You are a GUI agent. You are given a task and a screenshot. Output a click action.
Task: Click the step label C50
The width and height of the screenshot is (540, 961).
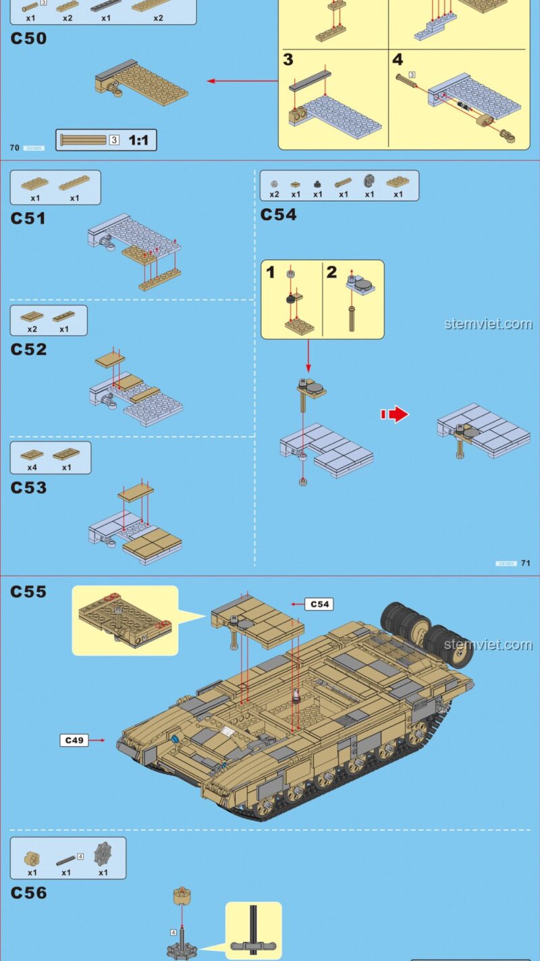tap(28, 39)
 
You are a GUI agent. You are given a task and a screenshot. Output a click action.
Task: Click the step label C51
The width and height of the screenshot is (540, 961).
tap(28, 218)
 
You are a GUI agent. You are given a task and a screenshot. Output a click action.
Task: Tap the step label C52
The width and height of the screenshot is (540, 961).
tap(28, 349)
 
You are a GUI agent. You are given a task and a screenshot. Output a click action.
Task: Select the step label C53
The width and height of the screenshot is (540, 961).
tap(28, 487)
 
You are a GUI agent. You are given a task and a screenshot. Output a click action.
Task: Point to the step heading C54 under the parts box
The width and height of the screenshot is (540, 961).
tap(278, 215)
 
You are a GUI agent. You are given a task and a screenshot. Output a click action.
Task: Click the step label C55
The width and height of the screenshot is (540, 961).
tap(28, 592)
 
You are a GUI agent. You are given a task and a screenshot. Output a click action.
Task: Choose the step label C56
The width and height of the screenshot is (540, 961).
tap(28, 893)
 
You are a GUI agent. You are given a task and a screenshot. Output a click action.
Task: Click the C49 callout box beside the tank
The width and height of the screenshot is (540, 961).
tap(74, 740)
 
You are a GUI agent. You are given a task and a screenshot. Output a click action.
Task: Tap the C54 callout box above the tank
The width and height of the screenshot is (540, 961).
tap(319, 604)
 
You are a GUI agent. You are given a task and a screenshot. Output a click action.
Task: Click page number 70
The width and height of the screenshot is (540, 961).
tap(14, 147)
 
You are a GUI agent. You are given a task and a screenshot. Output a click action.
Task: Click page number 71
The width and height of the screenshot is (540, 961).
tap(526, 563)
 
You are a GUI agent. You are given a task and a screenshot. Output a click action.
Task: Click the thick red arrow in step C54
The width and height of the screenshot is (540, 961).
tap(396, 414)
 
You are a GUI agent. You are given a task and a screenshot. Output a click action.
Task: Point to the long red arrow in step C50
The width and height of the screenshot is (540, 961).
tap(243, 81)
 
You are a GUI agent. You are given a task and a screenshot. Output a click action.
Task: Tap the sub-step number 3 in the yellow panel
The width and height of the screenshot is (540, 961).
tap(288, 60)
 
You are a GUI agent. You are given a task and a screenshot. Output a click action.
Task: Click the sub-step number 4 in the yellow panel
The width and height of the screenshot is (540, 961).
tap(398, 60)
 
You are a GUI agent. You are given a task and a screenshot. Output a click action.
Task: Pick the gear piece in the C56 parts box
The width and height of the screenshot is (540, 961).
tap(103, 852)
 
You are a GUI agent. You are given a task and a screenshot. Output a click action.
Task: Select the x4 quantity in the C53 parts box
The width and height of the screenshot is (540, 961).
tap(32, 467)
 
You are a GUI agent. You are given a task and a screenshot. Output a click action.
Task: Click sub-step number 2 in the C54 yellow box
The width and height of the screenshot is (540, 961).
tap(331, 272)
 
